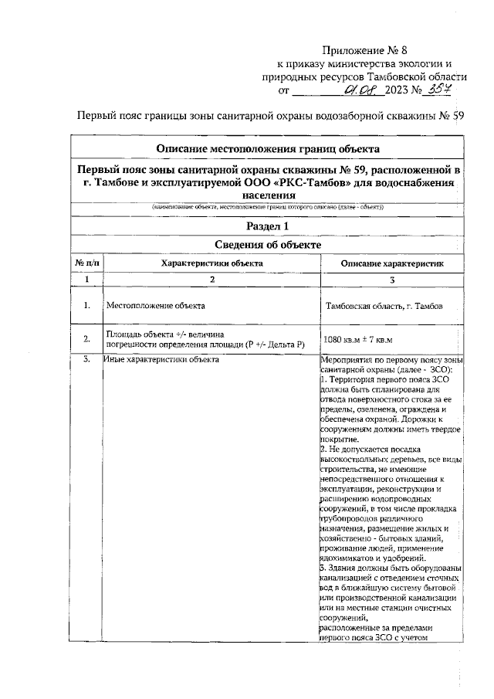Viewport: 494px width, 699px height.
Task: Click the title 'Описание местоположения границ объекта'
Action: pyautogui.click(x=267, y=148)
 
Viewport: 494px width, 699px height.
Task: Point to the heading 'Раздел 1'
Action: pyautogui.click(x=267, y=226)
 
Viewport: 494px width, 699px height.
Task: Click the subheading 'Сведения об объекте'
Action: pyautogui.click(x=267, y=245)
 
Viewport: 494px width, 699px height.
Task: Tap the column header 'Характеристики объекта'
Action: pyautogui.click(x=211, y=263)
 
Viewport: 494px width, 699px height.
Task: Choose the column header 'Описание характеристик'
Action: pyautogui.click(x=392, y=263)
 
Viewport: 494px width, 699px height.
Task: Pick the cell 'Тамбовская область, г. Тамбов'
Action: pyautogui.click(x=384, y=307)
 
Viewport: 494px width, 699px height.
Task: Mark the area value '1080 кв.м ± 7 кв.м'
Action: pyautogui.click(x=359, y=340)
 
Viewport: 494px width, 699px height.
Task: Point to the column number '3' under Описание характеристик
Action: pyautogui.click(x=392, y=279)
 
